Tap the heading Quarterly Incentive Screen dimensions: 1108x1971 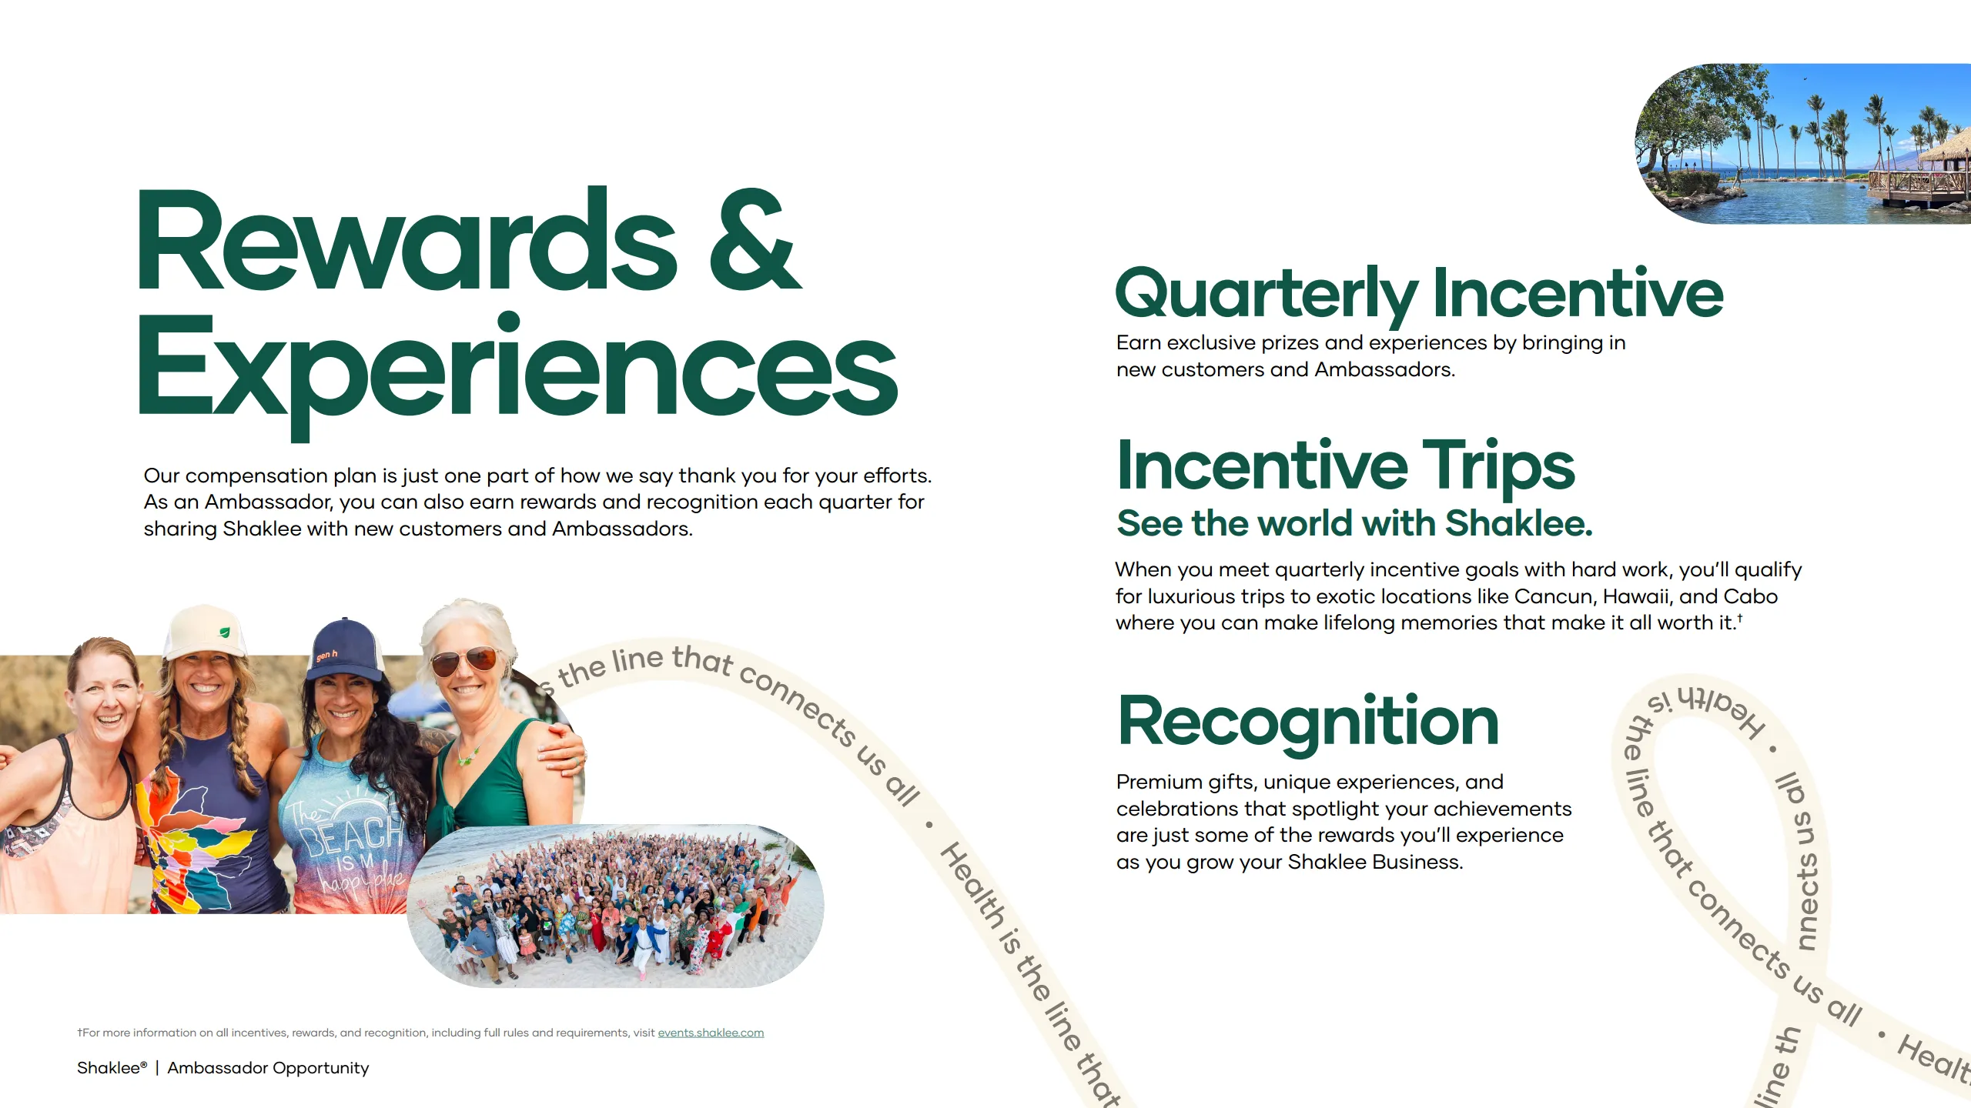(x=1418, y=293)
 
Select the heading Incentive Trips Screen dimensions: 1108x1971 (x=1345, y=466)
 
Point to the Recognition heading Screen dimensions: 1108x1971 (x=1307, y=722)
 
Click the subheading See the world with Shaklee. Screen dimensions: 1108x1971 (x=1354, y=523)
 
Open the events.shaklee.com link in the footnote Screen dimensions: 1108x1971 (x=710, y=1033)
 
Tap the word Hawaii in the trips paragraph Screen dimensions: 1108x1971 (x=1636, y=596)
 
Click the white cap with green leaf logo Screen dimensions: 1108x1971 (x=205, y=632)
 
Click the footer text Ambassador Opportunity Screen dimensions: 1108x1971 (x=268, y=1068)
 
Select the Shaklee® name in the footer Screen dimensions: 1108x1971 (x=111, y=1068)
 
